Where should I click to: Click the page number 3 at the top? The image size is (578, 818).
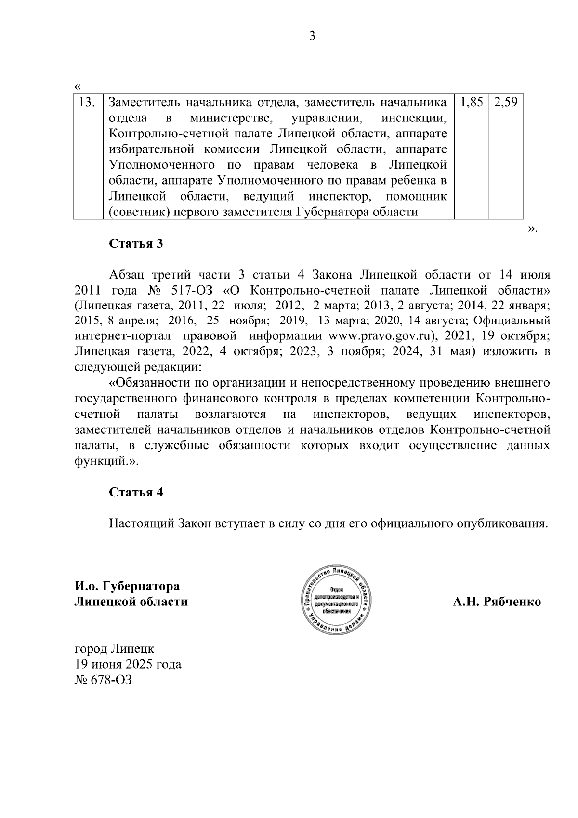312,36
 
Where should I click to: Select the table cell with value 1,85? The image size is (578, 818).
472,102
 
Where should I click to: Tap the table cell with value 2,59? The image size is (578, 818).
506,102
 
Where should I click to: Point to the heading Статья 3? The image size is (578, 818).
136,243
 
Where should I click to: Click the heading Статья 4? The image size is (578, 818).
136,492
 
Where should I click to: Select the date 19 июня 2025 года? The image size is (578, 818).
128,664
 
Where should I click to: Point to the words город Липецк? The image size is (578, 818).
114,649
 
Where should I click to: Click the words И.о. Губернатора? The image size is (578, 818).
127,586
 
